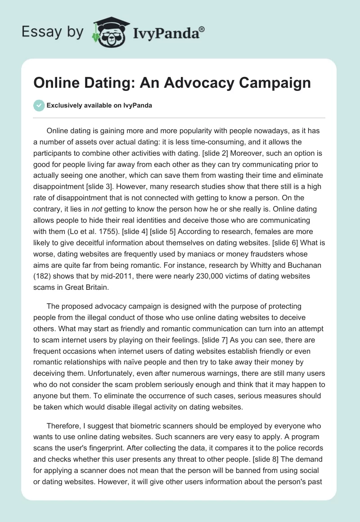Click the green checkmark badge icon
click(39, 106)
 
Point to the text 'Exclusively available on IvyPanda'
click(99, 106)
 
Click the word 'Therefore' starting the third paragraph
click(65, 426)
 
